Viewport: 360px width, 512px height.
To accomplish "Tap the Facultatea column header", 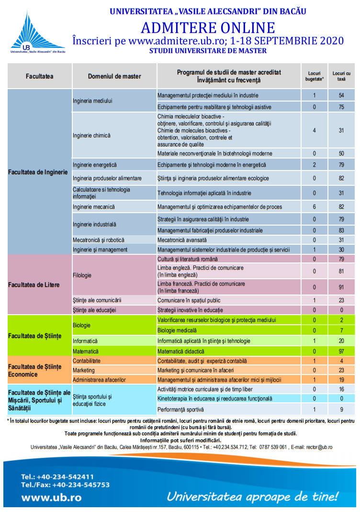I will [39, 76].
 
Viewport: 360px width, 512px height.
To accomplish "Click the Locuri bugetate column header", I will [315, 76].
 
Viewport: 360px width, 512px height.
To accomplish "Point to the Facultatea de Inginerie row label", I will [38, 172].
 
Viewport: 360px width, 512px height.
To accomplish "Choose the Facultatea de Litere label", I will [34, 284].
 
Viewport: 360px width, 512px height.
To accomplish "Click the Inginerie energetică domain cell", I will [95, 165].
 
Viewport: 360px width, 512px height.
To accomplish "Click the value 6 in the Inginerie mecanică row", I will [314, 207].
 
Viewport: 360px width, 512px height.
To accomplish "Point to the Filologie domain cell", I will [82, 275].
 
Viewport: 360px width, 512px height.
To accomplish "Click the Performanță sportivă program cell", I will [180, 410].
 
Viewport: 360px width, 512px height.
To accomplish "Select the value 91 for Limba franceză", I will [341, 287].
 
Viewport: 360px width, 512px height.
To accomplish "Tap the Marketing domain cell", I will [84, 370].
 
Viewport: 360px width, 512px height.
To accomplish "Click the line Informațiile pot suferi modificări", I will [180, 440].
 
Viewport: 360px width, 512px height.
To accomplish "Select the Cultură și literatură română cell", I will [188, 259].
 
